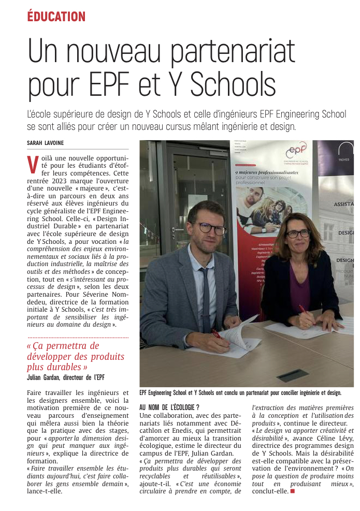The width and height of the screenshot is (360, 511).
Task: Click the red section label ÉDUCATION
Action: click(56, 17)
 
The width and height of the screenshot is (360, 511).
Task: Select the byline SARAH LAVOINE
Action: click(46, 143)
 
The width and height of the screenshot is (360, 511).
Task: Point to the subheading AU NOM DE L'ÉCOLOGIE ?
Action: click(169, 407)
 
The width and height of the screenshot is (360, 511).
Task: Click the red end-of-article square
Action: click(293, 491)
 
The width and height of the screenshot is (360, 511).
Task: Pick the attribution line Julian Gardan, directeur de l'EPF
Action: click(66, 377)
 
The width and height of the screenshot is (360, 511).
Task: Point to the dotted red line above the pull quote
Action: click(78, 338)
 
